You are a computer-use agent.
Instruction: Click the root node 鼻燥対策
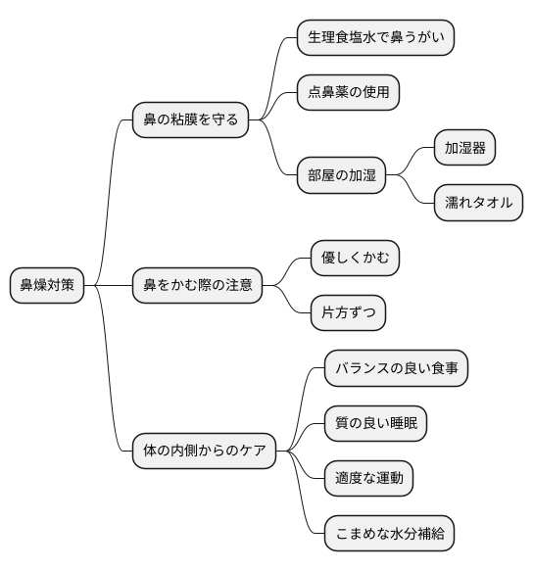tap(47, 286)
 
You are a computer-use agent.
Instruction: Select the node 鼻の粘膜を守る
tap(190, 120)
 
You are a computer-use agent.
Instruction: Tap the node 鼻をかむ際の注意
tap(197, 286)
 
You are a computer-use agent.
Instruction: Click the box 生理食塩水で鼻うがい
tap(375, 38)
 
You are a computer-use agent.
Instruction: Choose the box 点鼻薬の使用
tap(349, 93)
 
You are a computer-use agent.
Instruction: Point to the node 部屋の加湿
tap(341, 176)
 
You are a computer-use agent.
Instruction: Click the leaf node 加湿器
tap(464, 149)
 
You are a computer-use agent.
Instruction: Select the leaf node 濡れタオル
tap(478, 204)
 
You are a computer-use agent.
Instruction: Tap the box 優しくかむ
tap(355, 259)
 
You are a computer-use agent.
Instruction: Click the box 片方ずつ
tap(347, 313)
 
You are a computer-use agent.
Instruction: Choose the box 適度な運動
tap(368, 479)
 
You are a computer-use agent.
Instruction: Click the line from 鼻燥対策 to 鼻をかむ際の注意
tap(109, 286)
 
